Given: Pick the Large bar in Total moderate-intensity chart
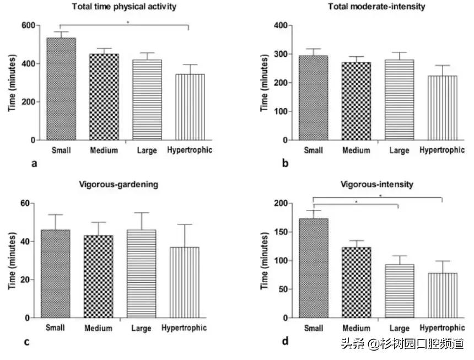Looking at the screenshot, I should pyautogui.click(x=398, y=100).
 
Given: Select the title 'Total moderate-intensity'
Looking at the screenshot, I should pyautogui.click(x=376, y=7).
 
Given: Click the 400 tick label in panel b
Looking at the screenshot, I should pyautogui.click(x=282, y=25).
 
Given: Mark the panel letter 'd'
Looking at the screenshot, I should pyautogui.click(x=285, y=342).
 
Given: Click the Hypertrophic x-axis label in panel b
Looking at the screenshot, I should pyautogui.click(x=442, y=151).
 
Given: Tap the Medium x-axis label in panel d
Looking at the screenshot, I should pyautogui.click(x=355, y=329).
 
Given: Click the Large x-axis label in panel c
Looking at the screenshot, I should pyautogui.click(x=142, y=329).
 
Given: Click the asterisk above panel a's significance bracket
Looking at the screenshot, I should pyautogui.click(x=127, y=23).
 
